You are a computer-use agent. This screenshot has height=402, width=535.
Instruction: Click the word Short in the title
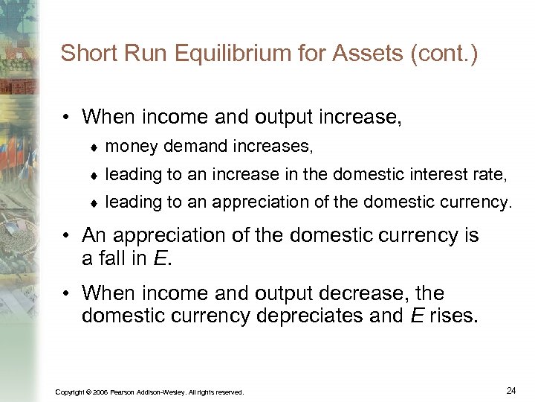(85, 53)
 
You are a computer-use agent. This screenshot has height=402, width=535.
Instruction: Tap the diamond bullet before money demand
(94, 147)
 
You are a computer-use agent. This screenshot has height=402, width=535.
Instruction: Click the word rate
(490, 175)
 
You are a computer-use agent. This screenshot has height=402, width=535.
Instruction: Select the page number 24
(510, 389)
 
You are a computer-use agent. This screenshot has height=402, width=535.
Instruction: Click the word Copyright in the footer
(70, 392)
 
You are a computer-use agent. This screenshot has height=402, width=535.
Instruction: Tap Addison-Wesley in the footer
(162, 392)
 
